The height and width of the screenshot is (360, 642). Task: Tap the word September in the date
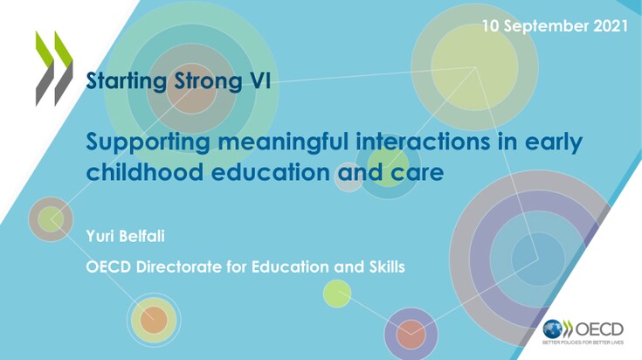(x=546, y=26)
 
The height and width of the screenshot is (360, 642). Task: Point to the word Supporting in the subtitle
(x=148, y=143)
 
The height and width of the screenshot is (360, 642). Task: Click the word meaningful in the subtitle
(x=283, y=143)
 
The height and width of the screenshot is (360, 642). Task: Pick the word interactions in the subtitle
(x=423, y=142)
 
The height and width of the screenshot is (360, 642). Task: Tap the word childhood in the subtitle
(x=145, y=171)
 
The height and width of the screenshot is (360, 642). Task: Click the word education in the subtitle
(x=271, y=171)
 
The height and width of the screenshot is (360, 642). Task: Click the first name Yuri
(x=97, y=236)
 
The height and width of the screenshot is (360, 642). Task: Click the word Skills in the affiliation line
(x=387, y=267)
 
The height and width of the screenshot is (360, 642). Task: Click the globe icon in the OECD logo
(x=552, y=329)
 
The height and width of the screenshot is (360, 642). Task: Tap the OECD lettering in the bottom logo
(x=600, y=329)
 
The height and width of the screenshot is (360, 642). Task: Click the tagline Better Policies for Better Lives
(x=583, y=342)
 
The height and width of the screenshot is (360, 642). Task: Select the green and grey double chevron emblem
(x=54, y=68)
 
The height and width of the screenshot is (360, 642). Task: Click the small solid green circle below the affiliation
(x=337, y=294)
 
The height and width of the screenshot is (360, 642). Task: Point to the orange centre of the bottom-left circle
(x=154, y=320)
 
